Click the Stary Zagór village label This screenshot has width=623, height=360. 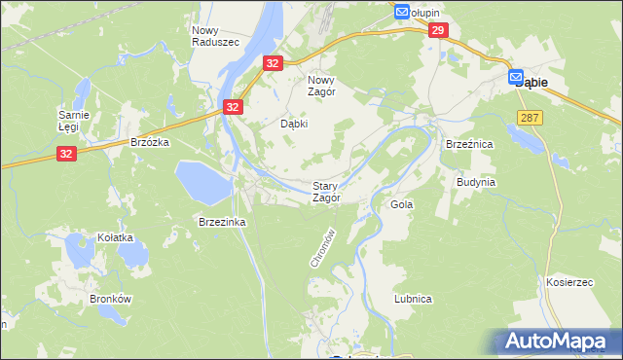(x=326, y=191)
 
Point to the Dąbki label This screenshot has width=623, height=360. (x=294, y=125)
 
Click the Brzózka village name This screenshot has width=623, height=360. (x=150, y=141)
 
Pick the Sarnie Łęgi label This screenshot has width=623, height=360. (x=74, y=120)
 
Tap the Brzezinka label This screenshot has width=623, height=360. (x=222, y=222)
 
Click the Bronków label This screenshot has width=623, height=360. (x=110, y=299)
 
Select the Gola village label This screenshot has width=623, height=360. (x=401, y=205)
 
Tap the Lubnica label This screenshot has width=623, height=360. (x=414, y=299)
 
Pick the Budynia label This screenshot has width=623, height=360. (x=476, y=182)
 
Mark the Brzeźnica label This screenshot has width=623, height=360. (x=465, y=143)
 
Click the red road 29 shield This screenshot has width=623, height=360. (x=437, y=32)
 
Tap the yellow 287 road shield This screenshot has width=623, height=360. (x=530, y=117)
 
